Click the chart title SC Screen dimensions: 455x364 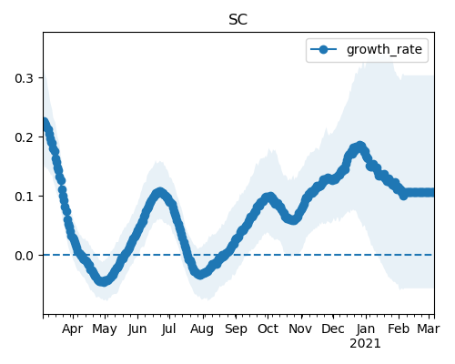tap(238, 20)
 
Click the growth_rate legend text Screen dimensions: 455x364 tap(384, 49)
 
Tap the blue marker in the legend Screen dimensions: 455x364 tap(323, 49)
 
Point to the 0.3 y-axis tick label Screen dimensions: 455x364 tap(24, 78)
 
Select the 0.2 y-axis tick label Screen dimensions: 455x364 tap(24, 137)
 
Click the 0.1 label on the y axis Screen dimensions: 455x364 tap(24, 197)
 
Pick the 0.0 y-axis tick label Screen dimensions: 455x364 tap(24, 256)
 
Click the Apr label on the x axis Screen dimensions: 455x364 tap(72, 329)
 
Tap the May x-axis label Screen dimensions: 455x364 tap(105, 329)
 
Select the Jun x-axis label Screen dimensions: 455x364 tap(137, 329)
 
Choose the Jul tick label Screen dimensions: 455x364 tap(168, 329)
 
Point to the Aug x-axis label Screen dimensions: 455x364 tap(202, 329)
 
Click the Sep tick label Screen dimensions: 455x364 tap(236, 329)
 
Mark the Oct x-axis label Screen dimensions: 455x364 tap(268, 329)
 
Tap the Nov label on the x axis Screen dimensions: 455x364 tap(300, 329)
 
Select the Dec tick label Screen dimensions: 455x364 tap(333, 329)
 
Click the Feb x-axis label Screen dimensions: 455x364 tap(399, 329)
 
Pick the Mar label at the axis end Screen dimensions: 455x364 tap(429, 329)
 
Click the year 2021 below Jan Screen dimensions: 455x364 tap(365, 344)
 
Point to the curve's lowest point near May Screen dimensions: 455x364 tap(104, 281)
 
